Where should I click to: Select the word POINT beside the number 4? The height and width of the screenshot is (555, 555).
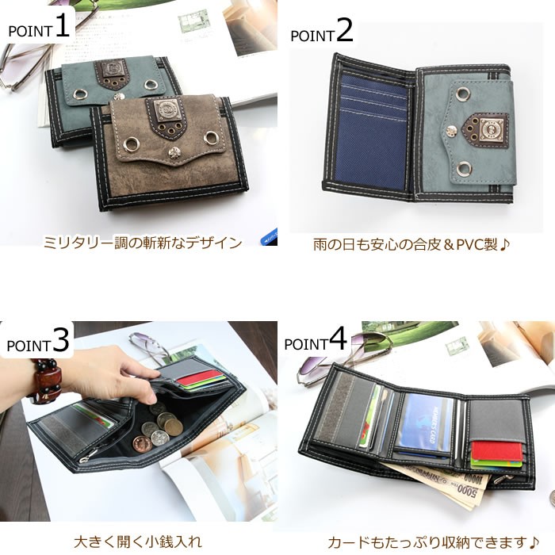tap(305, 343)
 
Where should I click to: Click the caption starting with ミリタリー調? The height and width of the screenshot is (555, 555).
tap(142, 243)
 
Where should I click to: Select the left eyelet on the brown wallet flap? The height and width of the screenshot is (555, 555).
tap(130, 142)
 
